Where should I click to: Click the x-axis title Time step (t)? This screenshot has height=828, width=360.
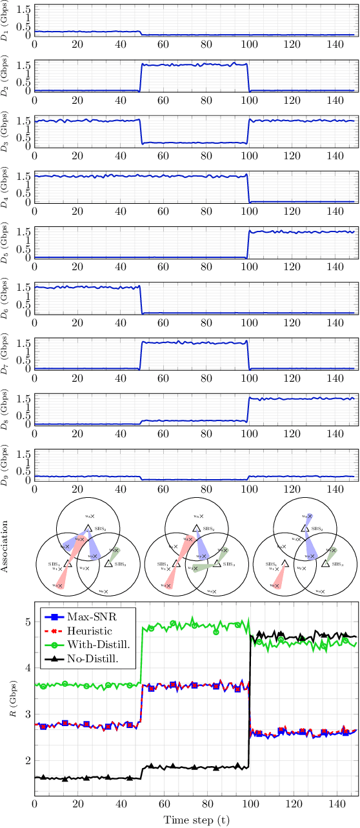tap(195, 820)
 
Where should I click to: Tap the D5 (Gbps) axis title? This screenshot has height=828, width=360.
tap(6, 242)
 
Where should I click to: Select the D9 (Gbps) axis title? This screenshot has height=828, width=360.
tap(6, 465)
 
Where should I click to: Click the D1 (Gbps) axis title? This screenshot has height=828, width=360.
tap(6, 21)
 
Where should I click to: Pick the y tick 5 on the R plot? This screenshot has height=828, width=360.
tap(27, 622)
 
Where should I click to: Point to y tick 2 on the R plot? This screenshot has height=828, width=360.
tap(27, 760)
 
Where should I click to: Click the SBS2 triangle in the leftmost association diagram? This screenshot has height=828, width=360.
tap(88, 528)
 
